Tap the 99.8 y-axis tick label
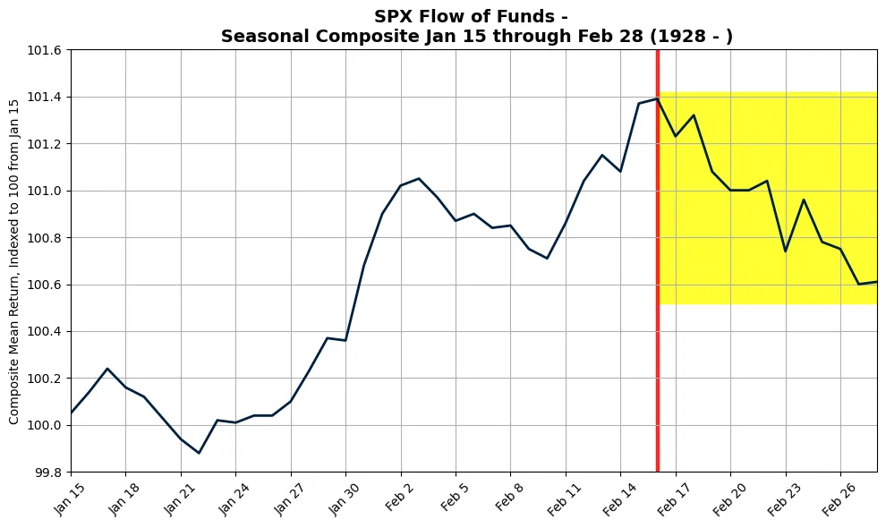coord(47,472)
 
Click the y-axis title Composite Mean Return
coord(14,261)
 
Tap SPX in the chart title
coord(394,16)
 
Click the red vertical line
coord(658,268)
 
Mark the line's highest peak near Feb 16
coord(657,98)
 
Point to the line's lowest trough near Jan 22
coord(199,453)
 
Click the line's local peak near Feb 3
coord(419,178)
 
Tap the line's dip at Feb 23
coord(785,251)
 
